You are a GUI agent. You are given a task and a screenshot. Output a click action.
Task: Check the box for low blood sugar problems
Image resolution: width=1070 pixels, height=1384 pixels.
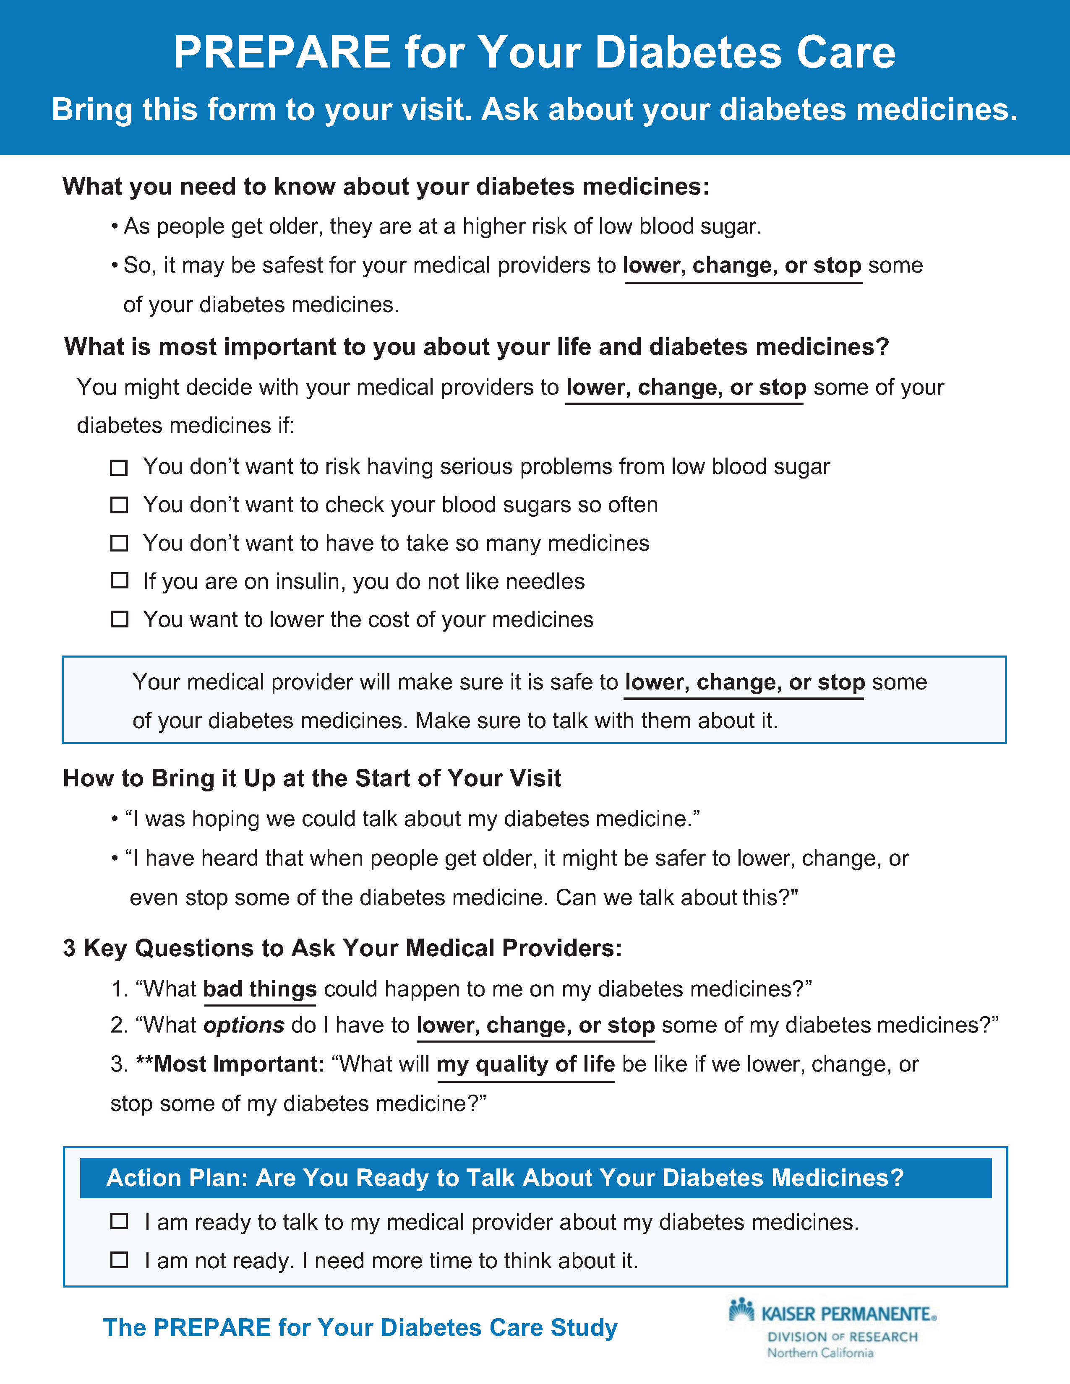coord(119,468)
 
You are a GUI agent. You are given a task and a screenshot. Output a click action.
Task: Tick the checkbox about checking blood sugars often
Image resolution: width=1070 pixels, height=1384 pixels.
coord(119,505)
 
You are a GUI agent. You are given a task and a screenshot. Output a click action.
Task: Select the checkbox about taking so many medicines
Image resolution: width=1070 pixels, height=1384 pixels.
coord(119,543)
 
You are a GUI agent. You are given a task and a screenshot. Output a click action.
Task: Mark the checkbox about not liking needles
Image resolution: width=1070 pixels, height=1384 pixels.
coord(119,580)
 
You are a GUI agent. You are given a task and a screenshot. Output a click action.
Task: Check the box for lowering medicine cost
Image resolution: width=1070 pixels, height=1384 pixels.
coord(119,619)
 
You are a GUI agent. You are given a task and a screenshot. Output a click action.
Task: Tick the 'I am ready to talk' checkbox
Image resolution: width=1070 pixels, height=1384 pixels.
coord(119,1221)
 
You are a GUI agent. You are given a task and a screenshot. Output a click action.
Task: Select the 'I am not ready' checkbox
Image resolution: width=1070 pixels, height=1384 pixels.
coord(119,1260)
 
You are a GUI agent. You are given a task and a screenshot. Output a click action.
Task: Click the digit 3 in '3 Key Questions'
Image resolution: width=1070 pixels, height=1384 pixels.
coord(69,948)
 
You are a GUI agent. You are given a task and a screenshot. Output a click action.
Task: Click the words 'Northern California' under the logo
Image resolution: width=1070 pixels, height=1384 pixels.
coord(820,1353)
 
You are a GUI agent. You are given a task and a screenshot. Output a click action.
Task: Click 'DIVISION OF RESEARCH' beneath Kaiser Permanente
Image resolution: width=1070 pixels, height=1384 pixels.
coord(843,1337)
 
